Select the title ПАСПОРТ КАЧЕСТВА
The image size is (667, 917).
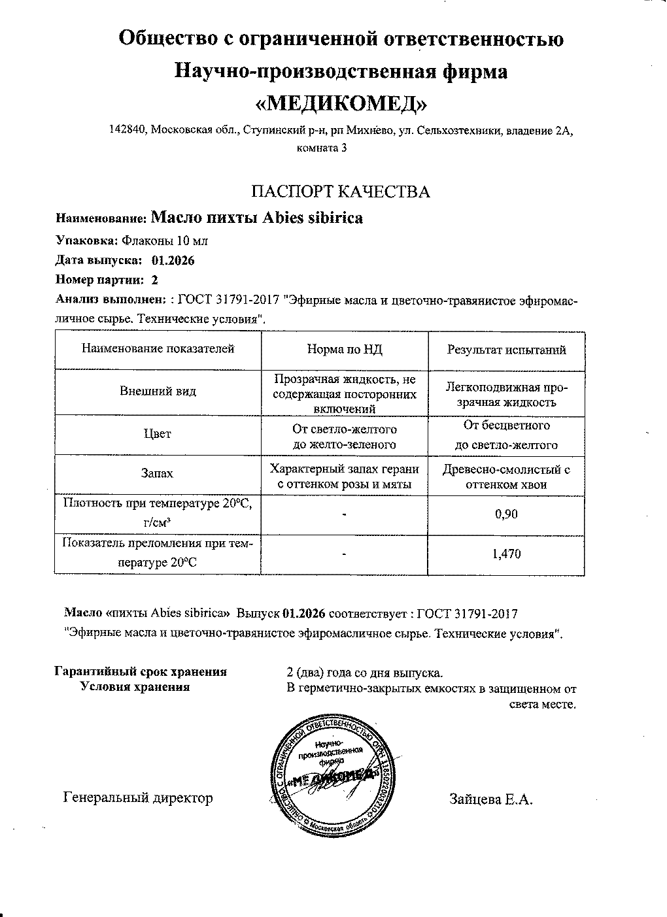[341, 192]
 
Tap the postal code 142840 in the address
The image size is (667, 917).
[127, 130]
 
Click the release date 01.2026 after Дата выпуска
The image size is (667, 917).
[173, 260]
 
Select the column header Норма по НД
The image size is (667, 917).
[345, 350]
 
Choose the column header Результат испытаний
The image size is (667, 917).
[506, 350]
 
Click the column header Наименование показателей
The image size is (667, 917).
[158, 349]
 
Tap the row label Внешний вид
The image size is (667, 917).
[158, 392]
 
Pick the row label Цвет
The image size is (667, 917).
[158, 433]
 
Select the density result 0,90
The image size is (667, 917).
[506, 514]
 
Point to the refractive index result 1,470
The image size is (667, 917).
[506, 554]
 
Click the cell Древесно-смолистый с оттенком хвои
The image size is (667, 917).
[506, 476]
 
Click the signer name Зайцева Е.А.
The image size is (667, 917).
[491, 799]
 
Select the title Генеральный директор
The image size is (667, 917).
[138, 798]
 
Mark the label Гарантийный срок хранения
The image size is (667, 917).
[141, 672]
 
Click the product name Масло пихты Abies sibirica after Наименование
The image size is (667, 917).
[256, 218]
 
